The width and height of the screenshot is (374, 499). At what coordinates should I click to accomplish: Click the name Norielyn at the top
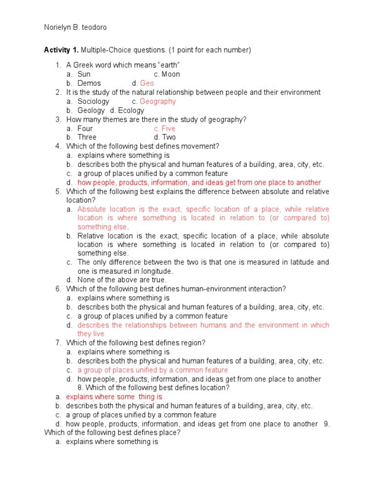[x=58, y=27]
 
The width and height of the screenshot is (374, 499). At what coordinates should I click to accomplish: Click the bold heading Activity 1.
[x=61, y=50]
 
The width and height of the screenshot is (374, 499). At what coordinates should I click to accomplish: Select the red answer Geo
[x=147, y=83]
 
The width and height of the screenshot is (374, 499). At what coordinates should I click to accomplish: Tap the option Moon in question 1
[x=170, y=74]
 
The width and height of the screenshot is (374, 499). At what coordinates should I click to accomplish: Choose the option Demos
[x=89, y=83]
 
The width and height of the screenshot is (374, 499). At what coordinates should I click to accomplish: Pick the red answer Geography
[x=157, y=101]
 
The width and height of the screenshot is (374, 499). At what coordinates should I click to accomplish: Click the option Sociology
[x=93, y=101]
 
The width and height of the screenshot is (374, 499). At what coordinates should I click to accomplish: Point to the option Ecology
[x=131, y=110]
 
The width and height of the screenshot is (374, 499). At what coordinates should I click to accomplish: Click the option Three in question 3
[x=87, y=137]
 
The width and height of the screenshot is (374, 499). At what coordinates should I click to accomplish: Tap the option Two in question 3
[x=168, y=137]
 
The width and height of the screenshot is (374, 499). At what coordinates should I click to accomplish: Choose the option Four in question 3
[x=85, y=128]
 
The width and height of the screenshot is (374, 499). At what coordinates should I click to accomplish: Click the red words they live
[x=91, y=334]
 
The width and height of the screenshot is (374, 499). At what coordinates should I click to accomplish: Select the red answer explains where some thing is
[x=114, y=397]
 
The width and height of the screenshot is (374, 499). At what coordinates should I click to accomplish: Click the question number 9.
[x=327, y=424]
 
